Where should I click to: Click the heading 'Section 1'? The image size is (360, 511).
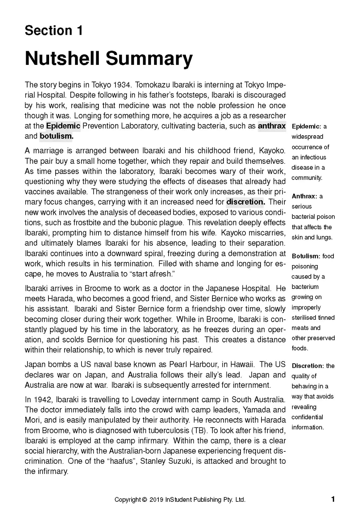pyautogui.click(x=54, y=30)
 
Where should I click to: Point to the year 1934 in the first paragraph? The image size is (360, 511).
pyautogui.click(x=122, y=85)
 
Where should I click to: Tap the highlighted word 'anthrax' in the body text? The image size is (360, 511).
pyautogui.click(x=272, y=126)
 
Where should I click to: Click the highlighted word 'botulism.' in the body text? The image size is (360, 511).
pyautogui.click(x=56, y=136)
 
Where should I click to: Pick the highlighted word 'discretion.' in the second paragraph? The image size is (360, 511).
pyautogui.click(x=245, y=202)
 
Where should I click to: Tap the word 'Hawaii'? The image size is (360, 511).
pyautogui.click(x=243, y=365)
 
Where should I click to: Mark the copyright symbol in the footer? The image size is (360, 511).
pyautogui.click(x=144, y=500)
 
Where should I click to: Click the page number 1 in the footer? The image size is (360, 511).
pyautogui.click(x=333, y=500)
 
